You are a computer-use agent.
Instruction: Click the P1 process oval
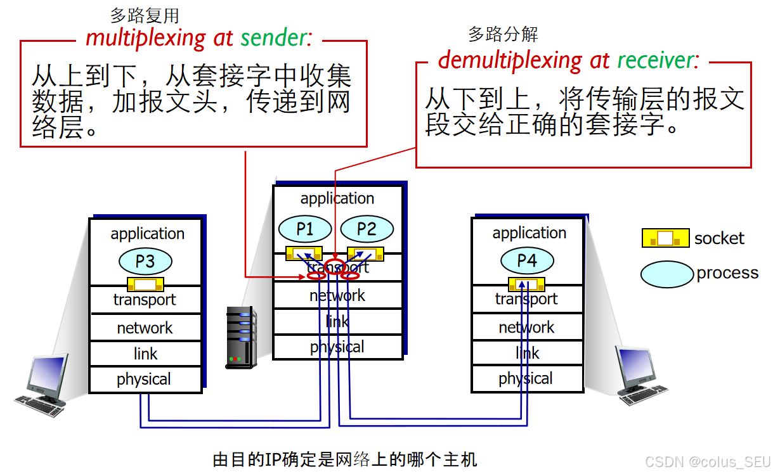click(305, 229)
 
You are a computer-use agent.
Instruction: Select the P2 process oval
click(367, 229)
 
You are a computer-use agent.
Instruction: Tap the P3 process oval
click(145, 261)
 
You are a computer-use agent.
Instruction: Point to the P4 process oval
click(527, 260)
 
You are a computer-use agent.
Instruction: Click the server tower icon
click(241, 338)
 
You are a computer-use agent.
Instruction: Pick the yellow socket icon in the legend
click(665, 238)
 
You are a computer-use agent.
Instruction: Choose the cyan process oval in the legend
click(666, 274)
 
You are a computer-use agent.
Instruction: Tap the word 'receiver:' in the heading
click(659, 60)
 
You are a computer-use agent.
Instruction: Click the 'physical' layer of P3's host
click(144, 380)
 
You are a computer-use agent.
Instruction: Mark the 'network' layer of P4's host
click(526, 327)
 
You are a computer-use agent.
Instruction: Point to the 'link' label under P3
click(145, 354)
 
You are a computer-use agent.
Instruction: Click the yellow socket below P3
click(145, 285)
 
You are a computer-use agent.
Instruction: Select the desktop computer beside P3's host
click(44, 386)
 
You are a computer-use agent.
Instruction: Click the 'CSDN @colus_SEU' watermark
click(705, 461)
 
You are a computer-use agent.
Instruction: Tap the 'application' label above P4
click(529, 233)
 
